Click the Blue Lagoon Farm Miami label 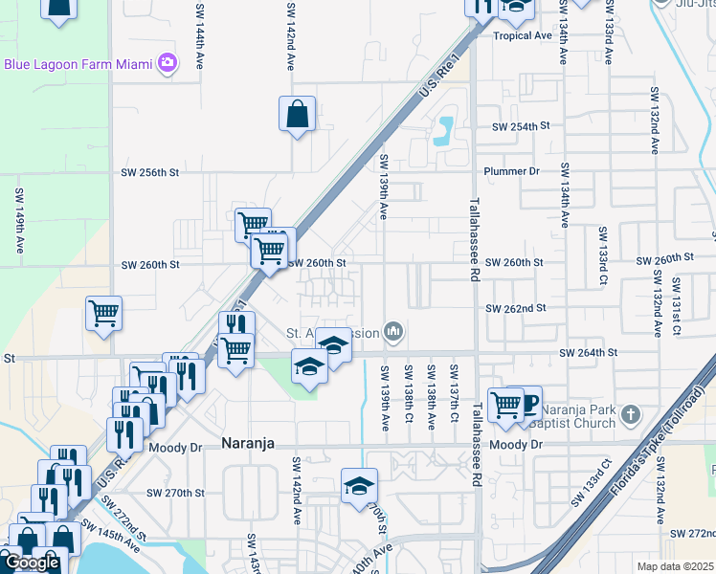(78, 64)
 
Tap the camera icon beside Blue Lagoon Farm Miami (168, 63)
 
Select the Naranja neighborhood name (249, 444)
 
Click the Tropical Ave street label (523, 35)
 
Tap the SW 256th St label (151, 172)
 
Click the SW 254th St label (521, 126)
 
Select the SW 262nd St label (515, 308)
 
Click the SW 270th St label (175, 493)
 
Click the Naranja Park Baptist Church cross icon (629, 414)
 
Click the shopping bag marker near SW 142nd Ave (298, 114)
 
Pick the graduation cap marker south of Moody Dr (359, 486)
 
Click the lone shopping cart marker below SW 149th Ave (103, 313)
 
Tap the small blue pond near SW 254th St (443, 129)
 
